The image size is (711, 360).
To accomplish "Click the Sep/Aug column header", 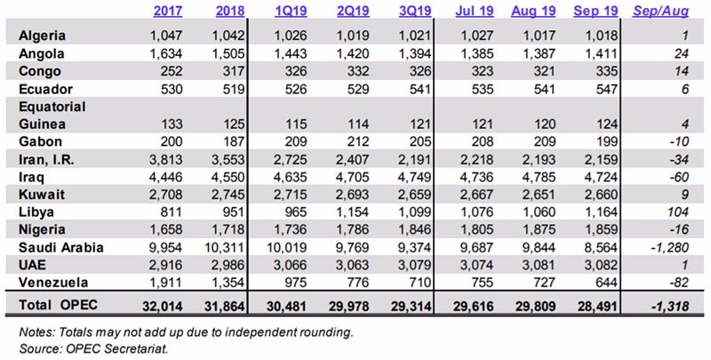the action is (x=660, y=11).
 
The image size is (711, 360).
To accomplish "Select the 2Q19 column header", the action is (x=353, y=11).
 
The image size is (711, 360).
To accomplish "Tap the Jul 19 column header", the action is (x=475, y=11).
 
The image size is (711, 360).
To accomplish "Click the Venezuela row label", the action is (x=53, y=283).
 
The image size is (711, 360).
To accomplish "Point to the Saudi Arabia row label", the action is (x=61, y=248).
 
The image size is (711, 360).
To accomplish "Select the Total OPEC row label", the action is (x=58, y=305).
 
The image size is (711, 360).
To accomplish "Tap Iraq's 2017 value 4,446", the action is (x=165, y=177).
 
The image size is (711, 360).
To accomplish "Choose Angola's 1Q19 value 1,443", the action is (x=291, y=53).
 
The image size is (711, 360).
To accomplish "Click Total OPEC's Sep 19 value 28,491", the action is (x=596, y=306).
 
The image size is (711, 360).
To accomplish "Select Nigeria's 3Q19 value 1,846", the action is (x=414, y=230).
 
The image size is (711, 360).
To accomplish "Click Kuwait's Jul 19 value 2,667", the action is (x=476, y=195).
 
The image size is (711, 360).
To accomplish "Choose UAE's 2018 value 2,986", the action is (x=228, y=265).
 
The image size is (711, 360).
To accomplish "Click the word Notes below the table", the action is (x=36, y=332).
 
